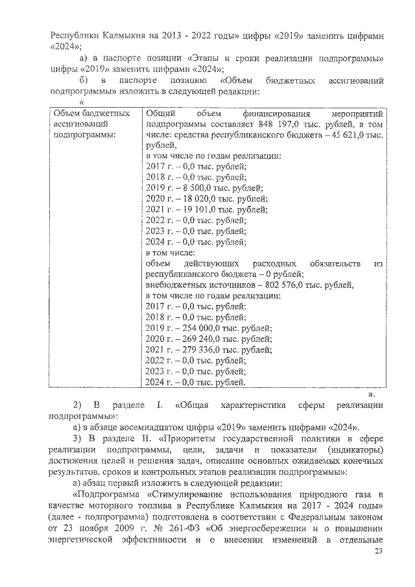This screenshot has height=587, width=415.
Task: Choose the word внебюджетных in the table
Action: [x=177, y=285]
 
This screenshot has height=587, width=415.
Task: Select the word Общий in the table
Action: [x=158, y=113]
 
